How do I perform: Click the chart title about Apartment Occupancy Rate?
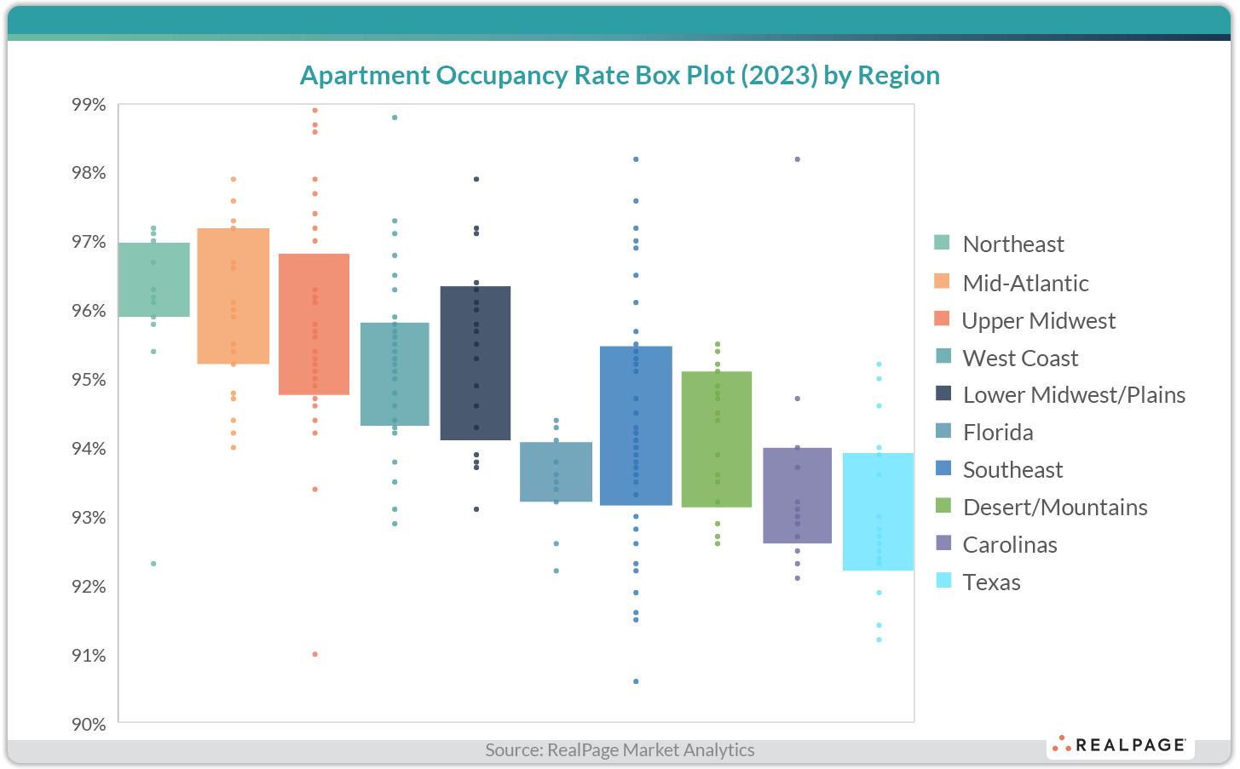[x=620, y=76]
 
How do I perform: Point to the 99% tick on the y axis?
[x=89, y=105]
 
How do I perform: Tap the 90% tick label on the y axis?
[x=89, y=724]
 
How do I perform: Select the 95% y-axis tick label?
[x=89, y=380]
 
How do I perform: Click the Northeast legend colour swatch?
[x=942, y=243]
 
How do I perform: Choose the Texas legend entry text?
[x=991, y=582]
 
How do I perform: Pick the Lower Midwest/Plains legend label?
[x=1074, y=395]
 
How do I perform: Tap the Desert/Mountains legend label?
[x=1054, y=508]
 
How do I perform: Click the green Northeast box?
[x=154, y=279]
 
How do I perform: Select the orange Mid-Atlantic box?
[x=233, y=296]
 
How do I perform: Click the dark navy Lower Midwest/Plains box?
[x=476, y=363]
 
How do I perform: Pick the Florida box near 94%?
[x=557, y=472]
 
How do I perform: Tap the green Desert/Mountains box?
[x=717, y=439]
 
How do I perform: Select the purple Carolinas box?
[x=797, y=496]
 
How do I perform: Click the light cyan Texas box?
[x=878, y=512]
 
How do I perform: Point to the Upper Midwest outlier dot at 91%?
[x=314, y=654]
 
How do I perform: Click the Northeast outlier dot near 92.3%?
[x=153, y=564]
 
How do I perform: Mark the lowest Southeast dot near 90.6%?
[x=636, y=681]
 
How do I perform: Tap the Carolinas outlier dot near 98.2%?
[x=797, y=159]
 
